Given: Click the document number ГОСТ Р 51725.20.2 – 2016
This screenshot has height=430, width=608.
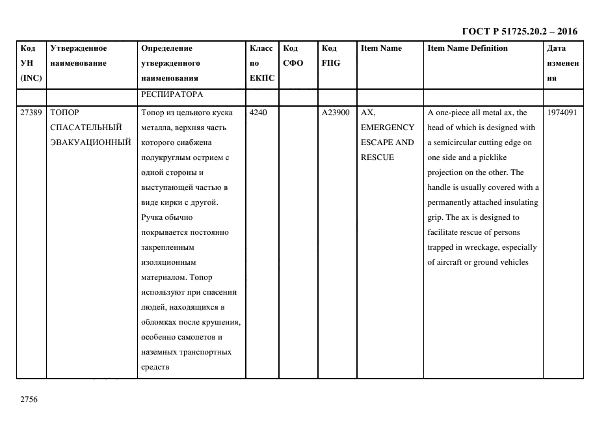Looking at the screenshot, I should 519,31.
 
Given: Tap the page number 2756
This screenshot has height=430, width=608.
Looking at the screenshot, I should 30,399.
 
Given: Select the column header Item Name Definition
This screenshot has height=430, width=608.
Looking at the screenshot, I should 468,48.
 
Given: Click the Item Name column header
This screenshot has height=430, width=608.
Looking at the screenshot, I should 381,48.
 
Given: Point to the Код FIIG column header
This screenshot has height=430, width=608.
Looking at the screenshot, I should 330,55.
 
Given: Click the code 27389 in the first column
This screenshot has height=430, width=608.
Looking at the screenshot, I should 31,113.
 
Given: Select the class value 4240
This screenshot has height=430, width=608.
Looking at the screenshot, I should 259,113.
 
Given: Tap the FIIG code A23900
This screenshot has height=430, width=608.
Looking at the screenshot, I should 336,113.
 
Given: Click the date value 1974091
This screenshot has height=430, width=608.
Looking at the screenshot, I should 562,113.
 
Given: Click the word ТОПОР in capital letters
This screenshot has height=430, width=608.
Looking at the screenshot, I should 64,113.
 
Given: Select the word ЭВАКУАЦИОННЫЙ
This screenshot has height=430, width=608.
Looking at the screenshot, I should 86,142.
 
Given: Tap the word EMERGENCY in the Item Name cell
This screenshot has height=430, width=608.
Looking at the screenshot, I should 387,128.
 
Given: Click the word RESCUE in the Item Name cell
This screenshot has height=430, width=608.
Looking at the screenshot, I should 377,157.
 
